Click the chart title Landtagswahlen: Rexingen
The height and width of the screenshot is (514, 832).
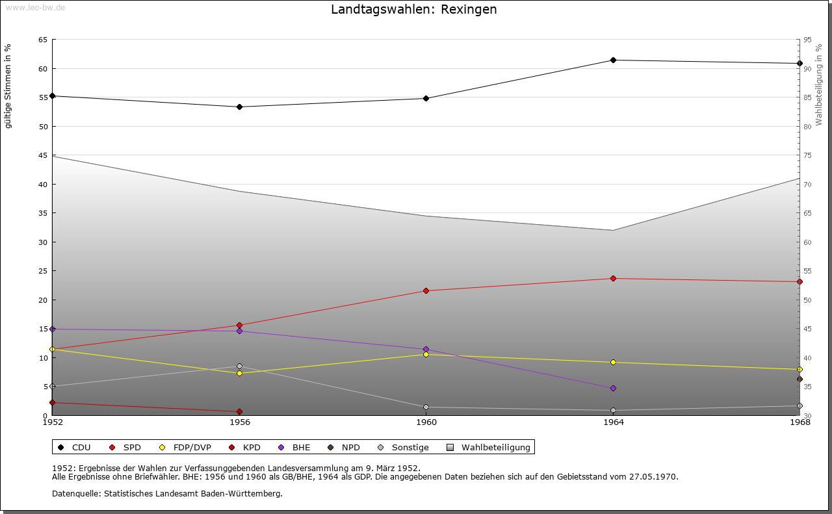(414, 10)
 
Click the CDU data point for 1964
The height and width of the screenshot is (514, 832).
(613, 60)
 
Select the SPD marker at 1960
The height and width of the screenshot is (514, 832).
(426, 290)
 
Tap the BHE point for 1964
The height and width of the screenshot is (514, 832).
(613, 389)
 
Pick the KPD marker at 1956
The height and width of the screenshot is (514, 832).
(239, 411)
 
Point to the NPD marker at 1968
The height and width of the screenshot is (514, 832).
(799, 379)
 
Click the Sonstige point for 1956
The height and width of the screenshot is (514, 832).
(239, 366)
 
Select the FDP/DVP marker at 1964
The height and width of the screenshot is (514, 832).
(613, 363)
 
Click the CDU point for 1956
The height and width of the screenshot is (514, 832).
(239, 107)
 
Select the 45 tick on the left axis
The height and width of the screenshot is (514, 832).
(43, 155)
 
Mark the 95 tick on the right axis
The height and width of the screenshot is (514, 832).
(808, 40)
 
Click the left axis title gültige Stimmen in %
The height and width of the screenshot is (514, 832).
(8, 86)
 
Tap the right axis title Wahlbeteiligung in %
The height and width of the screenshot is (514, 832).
(820, 84)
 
